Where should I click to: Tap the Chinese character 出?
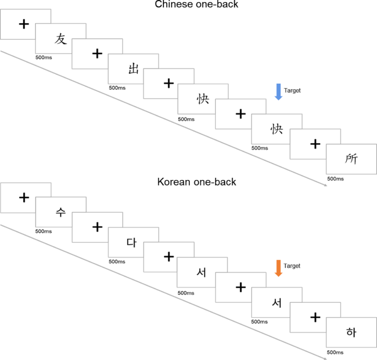(x=133, y=69)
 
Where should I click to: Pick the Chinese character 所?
(x=351, y=159)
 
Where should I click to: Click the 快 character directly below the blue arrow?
(x=276, y=128)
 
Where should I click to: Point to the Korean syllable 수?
(x=61, y=213)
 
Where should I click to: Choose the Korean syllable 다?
(x=132, y=242)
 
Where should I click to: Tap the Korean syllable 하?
(x=351, y=332)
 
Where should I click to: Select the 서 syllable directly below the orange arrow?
(x=276, y=302)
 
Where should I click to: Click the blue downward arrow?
(x=278, y=91)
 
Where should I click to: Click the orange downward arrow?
(x=278, y=268)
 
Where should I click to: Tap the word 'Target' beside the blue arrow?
(x=292, y=90)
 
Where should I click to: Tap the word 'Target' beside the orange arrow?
(x=292, y=266)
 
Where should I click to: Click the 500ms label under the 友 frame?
(x=43, y=57)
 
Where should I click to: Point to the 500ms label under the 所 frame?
(x=335, y=178)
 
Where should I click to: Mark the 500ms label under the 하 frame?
(x=335, y=352)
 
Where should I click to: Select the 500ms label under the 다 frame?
(x=117, y=261)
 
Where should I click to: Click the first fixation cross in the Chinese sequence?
(x=24, y=24)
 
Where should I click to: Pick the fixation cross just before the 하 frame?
(x=315, y=317)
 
